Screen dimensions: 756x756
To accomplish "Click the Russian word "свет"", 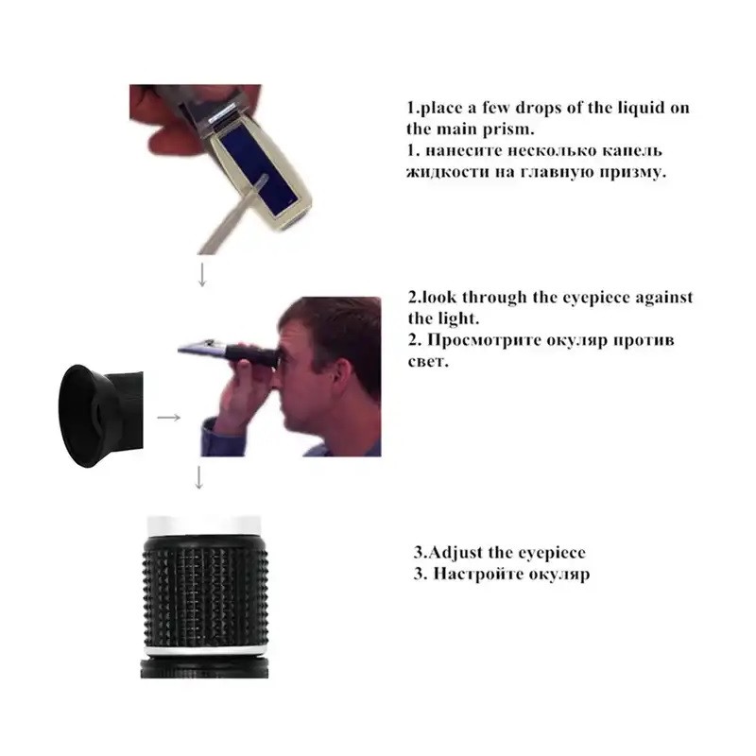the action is click(428, 362).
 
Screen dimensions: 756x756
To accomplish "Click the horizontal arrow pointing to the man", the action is click(169, 417).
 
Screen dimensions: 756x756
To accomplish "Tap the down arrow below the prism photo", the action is click(202, 275).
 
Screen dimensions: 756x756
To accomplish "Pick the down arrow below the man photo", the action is click(198, 477).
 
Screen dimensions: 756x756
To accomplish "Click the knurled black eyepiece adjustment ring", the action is click(205, 591).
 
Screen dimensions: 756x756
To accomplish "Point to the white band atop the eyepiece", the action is click(204, 525).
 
